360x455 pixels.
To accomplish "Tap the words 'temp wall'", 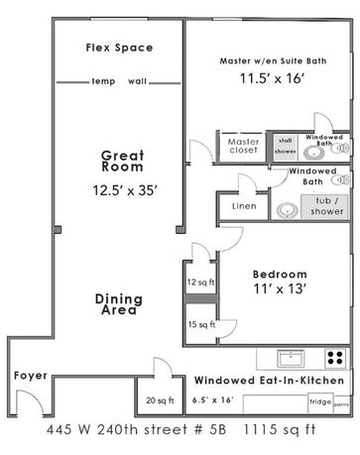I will pos(116,82).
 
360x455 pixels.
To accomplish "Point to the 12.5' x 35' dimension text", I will pos(123,187).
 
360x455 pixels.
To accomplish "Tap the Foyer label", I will pos(29,378).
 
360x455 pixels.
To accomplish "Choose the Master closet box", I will pos(244,147).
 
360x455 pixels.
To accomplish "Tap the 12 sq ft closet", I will pos(199,283).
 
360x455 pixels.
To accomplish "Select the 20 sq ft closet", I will pos(154,400).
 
